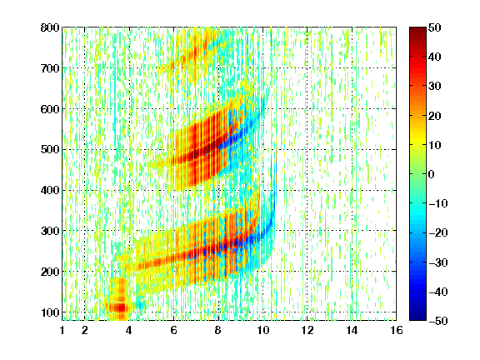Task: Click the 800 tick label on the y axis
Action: (x=50, y=27)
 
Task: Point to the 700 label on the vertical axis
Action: (x=50, y=68)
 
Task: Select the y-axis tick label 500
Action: (x=50, y=150)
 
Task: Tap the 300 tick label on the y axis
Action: (x=50, y=231)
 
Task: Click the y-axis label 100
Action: (x=50, y=312)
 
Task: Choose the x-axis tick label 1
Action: (x=62, y=330)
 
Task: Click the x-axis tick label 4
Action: (x=129, y=330)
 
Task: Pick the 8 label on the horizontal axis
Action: (x=218, y=330)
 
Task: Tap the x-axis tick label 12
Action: (x=307, y=330)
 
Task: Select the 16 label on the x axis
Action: (x=397, y=330)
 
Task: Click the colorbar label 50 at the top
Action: (x=435, y=27)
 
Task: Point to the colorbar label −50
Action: (x=438, y=321)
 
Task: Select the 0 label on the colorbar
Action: (x=432, y=174)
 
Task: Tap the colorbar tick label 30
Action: (x=435, y=87)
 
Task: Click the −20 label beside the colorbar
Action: (x=438, y=232)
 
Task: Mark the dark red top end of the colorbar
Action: (x=417, y=28)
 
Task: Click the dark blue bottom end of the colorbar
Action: (x=417, y=319)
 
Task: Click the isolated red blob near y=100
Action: (x=120, y=307)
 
